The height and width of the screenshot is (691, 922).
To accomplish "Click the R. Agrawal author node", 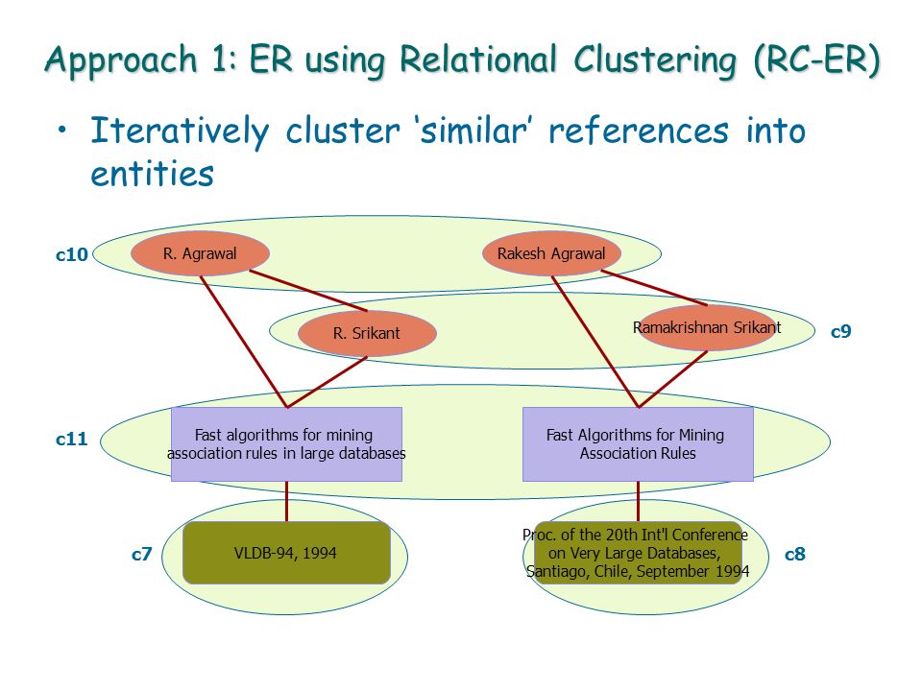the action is click(x=200, y=253).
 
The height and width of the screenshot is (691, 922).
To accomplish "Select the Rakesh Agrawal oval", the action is click(x=551, y=253).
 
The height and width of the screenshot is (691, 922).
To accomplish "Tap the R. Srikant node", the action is click(x=367, y=333).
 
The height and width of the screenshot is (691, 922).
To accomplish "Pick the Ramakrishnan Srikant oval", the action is click(x=708, y=328).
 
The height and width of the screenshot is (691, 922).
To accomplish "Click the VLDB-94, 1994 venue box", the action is click(x=286, y=553).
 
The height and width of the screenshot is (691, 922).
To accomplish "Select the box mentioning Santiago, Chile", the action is click(x=638, y=553).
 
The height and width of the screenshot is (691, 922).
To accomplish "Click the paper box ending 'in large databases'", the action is click(x=286, y=444).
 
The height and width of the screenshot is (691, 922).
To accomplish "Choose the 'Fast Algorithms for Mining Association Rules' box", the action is click(x=638, y=444).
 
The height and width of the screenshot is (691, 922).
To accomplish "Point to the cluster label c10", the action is click(x=72, y=254).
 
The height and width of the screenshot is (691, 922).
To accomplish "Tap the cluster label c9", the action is click(x=841, y=331).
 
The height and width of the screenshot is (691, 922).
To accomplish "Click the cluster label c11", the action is click(x=72, y=439).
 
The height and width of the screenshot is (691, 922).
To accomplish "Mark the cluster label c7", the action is click(x=142, y=554).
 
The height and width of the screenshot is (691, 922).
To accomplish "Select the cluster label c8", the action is click(x=795, y=554).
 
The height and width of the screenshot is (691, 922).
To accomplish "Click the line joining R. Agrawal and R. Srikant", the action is click(x=308, y=290).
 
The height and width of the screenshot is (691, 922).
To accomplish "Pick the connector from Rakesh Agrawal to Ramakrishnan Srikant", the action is click(x=654, y=288).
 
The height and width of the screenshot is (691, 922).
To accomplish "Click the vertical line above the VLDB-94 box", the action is click(x=286, y=501).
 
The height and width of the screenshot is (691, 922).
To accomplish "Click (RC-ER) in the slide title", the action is click(x=816, y=60).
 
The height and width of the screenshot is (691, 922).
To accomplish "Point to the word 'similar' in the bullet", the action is click(x=473, y=131).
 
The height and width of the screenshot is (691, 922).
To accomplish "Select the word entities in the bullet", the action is click(x=153, y=174).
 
